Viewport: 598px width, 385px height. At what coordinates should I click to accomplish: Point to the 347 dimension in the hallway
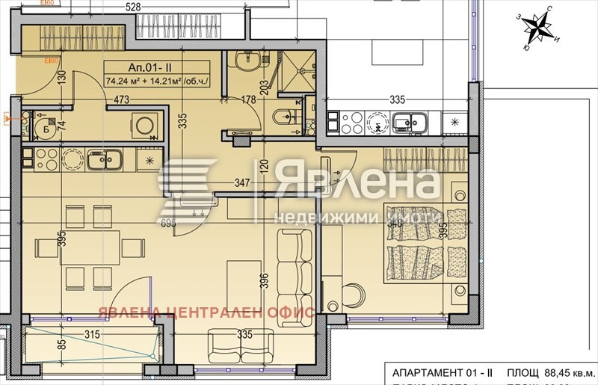coord(242,182)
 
